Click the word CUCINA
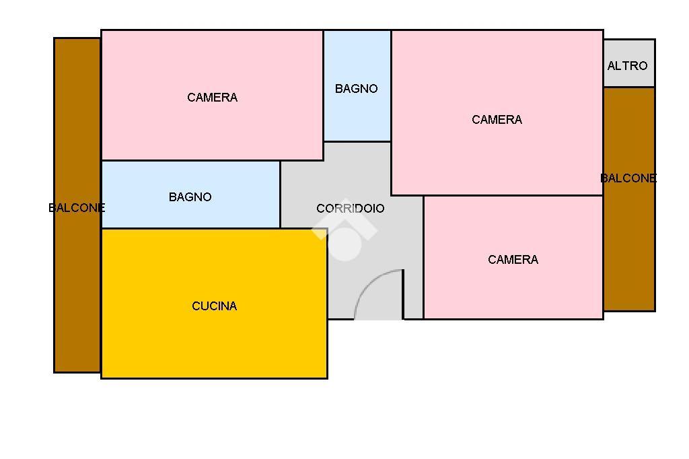click(214, 306)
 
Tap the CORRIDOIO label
click(350, 209)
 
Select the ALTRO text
click(627, 66)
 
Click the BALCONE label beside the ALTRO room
click(628, 178)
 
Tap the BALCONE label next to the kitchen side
click(77, 208)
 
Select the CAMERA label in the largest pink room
click(497, 120)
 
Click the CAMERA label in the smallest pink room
click(513, 260)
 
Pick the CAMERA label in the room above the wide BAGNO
click(212, 98)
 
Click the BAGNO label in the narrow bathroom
click(356, 89)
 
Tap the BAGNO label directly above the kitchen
click(190, 197)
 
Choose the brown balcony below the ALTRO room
click(628, 256)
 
